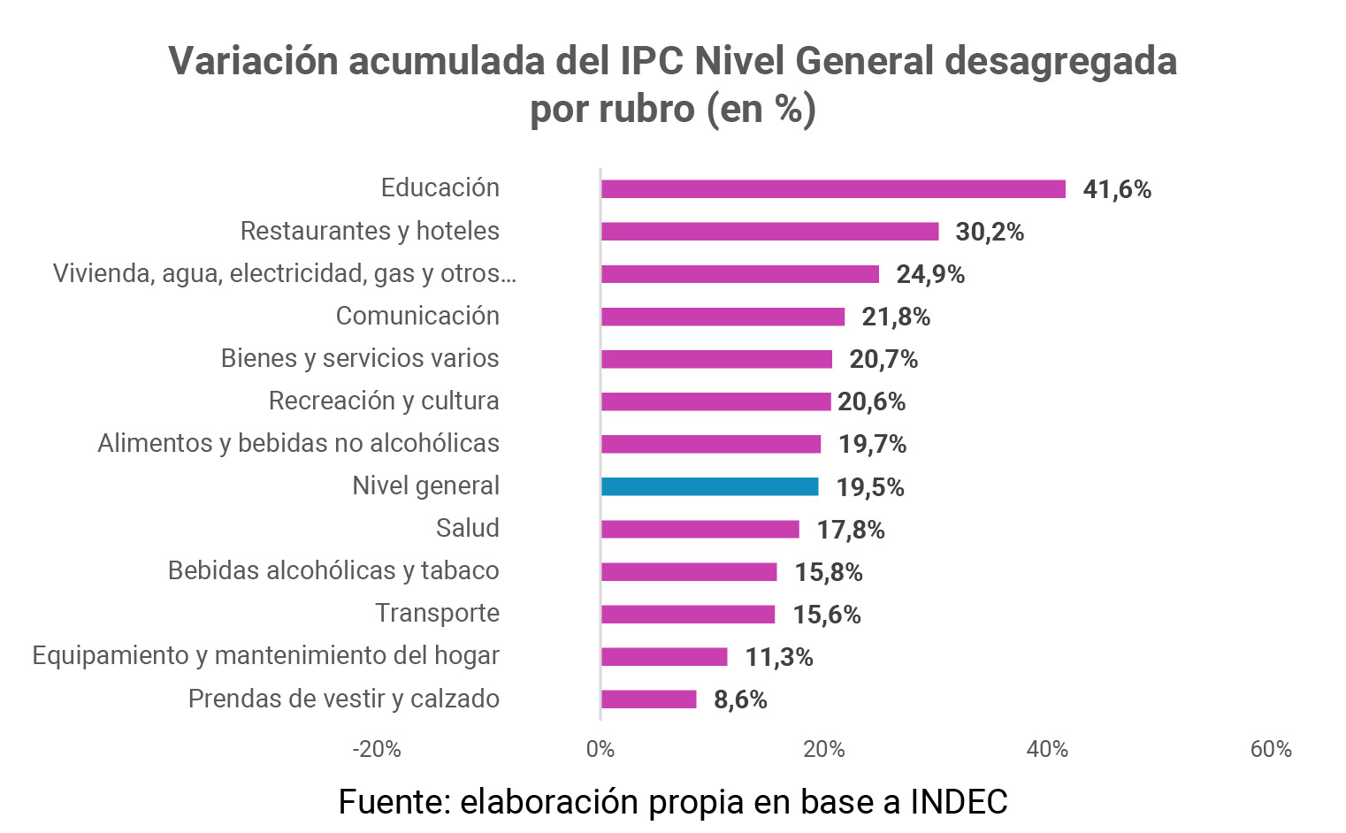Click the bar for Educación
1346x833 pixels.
[x=833, y=189]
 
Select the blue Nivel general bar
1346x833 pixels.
[x=709, y=486]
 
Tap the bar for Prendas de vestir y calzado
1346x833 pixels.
[x=648, y=699]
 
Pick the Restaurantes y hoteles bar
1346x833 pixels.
[x=769, y=232]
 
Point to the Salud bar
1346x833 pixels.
[x=700, y=530]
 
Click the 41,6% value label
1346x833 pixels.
[x=1117, y=189]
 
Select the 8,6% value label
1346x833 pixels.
[x=740, y=699]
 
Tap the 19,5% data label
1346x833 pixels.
[x=870, y=487]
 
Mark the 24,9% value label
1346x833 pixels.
[x=930, y=274]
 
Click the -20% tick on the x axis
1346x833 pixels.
[x=377, y=750]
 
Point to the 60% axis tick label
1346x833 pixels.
[x=1271, y=750]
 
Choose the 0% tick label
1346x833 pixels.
[x=600, y=750]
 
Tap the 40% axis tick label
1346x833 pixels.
[x=1047, y=750]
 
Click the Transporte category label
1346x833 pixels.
[x=437, y=613]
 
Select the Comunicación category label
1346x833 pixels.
[x=417, y=316]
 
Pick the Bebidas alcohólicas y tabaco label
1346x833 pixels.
[x=333, y=570]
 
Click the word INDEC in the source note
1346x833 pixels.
[x=959, y=802]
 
